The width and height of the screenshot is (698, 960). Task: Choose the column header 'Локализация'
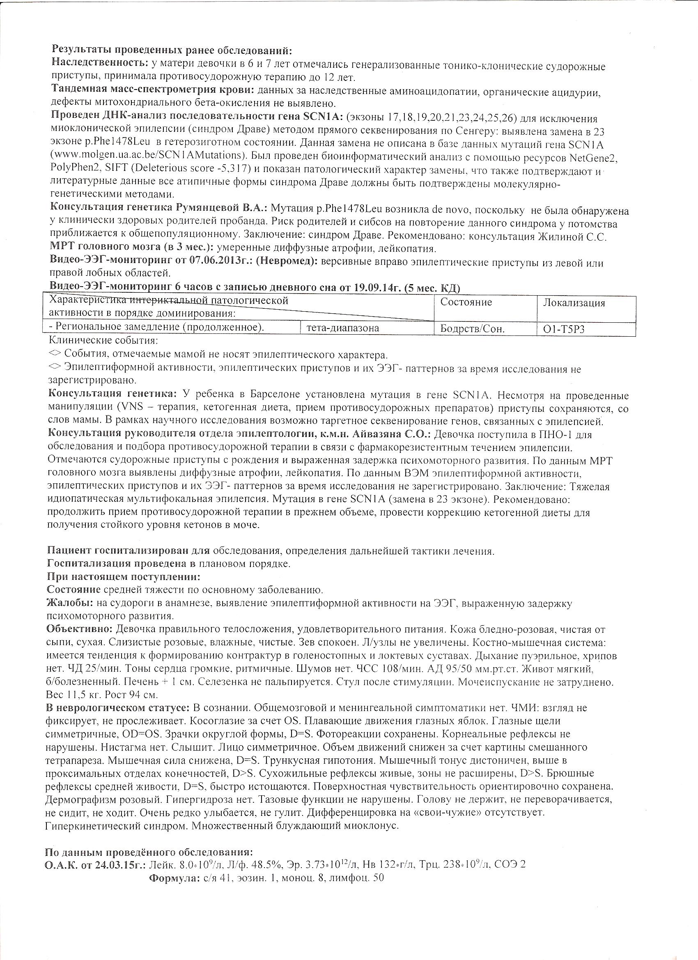click(x=574, y=303)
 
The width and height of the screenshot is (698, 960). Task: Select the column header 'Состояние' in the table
click(x=466, y=302)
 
